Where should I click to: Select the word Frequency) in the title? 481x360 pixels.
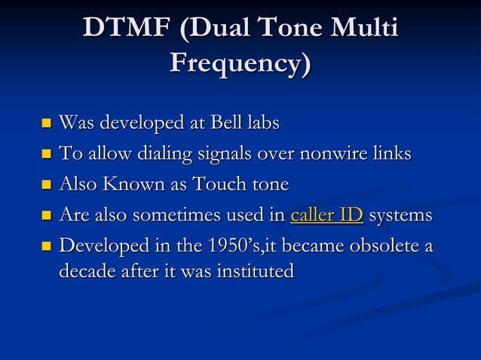pos(240,63)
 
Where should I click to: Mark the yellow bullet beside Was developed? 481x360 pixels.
pos(46,124)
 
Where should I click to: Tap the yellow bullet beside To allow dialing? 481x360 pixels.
pos(46,155)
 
